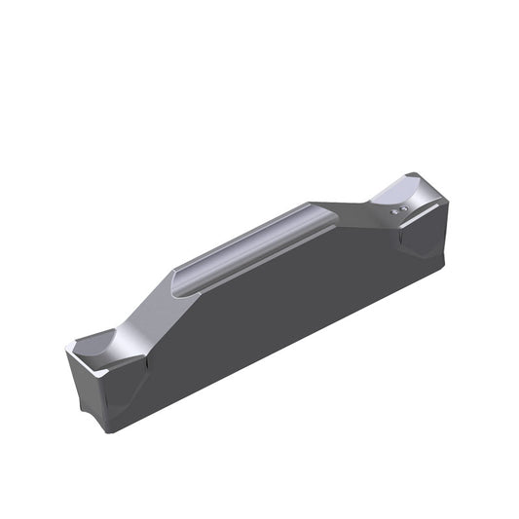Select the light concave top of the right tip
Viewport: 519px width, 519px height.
pos(419,194)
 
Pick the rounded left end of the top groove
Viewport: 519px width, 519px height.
pos(177,281)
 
